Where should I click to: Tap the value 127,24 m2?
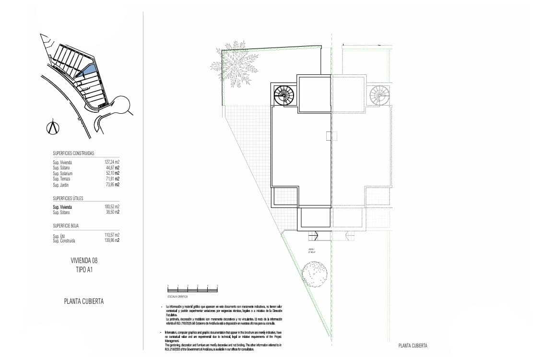112,162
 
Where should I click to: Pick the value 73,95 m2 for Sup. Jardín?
112,184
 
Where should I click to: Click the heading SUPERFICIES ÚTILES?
68,198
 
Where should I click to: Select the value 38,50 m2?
112,212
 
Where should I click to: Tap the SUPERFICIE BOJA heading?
66,225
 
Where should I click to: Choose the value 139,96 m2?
112,240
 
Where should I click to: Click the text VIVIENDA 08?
84,261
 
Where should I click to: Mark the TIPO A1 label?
84,270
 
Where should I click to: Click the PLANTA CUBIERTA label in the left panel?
84,301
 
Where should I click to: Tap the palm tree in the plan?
234,66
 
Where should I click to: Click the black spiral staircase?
283,95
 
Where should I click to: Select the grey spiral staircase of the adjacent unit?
380,95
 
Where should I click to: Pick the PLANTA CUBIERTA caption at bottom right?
413,346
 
